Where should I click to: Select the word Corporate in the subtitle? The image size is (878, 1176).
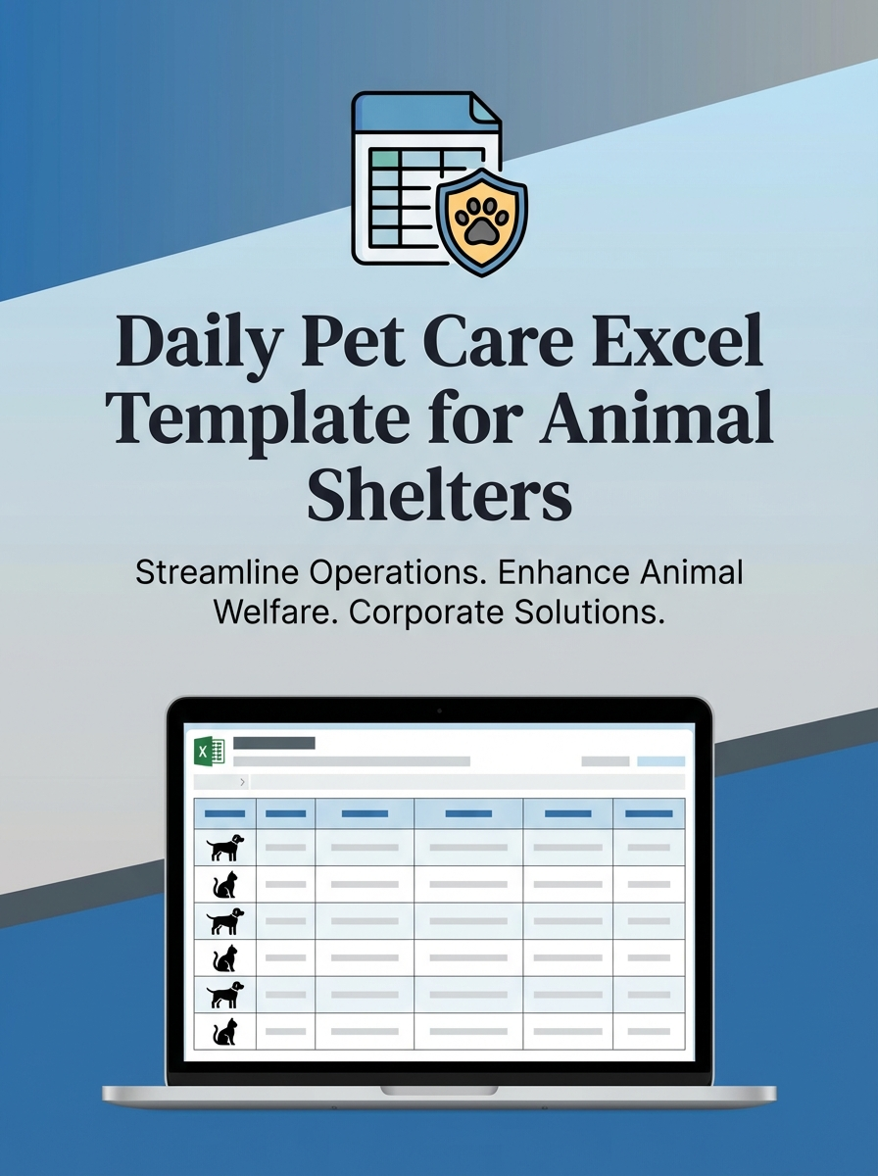click(424, 613)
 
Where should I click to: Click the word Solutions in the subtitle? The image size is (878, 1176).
click(589, 613)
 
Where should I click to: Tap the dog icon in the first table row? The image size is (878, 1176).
click(224, 846)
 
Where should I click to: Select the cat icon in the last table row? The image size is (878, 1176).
click(224, 1031)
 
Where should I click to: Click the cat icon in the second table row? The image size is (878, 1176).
click(224, 883)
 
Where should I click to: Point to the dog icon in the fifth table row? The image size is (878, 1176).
click(224, 994)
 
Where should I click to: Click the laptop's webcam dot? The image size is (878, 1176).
click(439, 710)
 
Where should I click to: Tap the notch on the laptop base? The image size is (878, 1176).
click(439, 1090)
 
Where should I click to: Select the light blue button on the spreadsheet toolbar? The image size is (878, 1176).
click(660, 760)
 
